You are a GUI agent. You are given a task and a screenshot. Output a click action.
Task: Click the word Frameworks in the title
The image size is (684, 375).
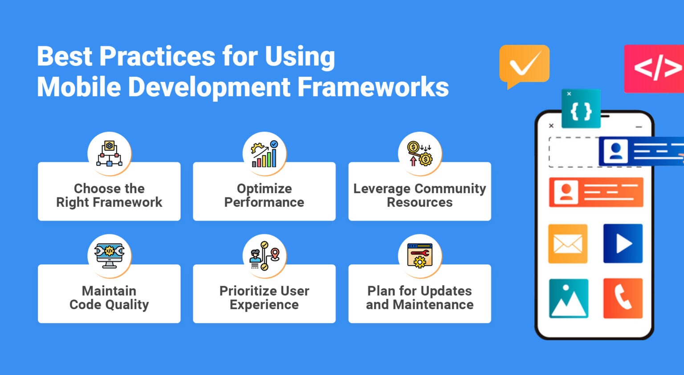373,87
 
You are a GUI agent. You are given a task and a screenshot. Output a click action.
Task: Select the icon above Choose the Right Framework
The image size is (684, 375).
109,153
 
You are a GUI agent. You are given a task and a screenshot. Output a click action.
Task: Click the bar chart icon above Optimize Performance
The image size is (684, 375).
265,153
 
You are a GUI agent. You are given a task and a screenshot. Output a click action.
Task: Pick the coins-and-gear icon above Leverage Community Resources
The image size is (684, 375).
419,153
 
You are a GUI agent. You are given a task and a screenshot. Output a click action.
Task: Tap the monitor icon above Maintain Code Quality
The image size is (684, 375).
109,255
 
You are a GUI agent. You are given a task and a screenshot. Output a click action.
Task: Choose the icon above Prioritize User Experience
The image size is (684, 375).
265,255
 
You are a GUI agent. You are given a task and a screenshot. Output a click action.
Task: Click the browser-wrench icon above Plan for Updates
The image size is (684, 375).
419,255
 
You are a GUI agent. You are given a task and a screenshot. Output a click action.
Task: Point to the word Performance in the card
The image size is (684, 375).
264,202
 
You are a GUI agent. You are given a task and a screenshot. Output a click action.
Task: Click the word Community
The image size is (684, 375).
450,189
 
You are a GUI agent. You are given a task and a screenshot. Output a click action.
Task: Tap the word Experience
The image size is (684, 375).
264,305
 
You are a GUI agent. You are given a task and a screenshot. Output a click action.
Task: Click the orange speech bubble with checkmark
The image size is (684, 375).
525,64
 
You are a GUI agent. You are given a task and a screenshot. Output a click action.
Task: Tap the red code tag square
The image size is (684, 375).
654,69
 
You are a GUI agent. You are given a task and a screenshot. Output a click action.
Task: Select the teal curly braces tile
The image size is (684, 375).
581,109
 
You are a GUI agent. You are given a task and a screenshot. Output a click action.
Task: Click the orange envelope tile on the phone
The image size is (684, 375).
568,244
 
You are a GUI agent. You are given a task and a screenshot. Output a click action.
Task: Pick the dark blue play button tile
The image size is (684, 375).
623,244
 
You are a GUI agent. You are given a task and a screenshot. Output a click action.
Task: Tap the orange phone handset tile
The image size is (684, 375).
623,298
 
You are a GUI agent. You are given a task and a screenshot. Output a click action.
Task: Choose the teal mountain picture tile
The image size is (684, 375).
569,298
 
